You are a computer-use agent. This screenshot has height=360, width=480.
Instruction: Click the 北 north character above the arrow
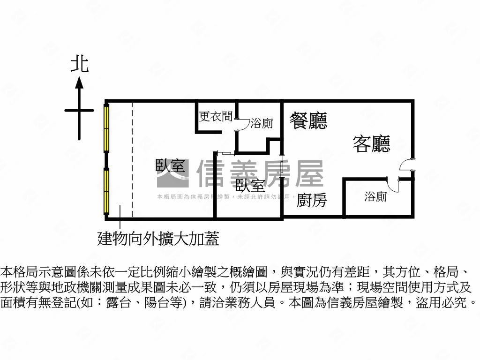pyautogui.click(x=80, y=64)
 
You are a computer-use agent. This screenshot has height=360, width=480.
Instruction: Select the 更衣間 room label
pyautogui.click(x=216, y=117)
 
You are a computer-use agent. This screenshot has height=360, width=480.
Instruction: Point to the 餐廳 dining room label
pyautogui.click(x=308, y=120)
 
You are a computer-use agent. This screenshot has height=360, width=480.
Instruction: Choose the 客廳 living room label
pyautogui.click(x=371, y=144)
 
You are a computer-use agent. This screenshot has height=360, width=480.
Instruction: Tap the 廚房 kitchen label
pyautogui.click(x=312, y=201)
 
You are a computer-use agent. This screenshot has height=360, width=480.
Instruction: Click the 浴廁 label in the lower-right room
pyautogui.click(x=375, y=197)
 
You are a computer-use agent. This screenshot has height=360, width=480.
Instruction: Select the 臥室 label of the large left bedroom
pyautogui.click(x=170, y=166)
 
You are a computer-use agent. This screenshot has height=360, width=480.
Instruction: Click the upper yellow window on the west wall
pyautogui.click(x=107, y=128)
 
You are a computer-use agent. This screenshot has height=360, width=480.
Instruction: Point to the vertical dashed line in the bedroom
pyautogui.click(x=132, y=159)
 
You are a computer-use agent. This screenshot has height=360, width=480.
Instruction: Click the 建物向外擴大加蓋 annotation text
pyautogui.click(x=158, y=240)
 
